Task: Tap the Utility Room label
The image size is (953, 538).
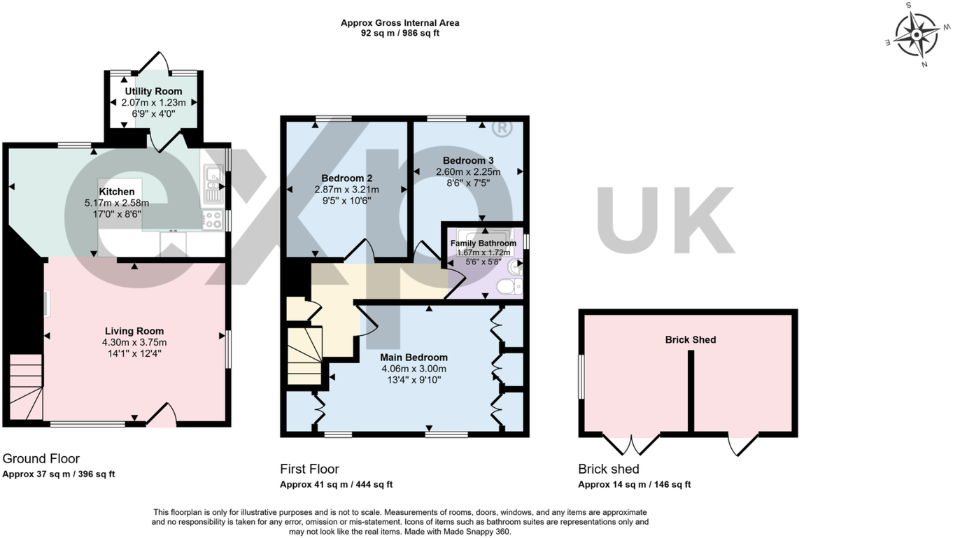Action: click(x=153, y=91)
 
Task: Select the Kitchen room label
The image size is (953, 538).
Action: click(x=116, y=192)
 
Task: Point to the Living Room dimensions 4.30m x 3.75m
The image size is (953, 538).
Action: click(x=134, y=343)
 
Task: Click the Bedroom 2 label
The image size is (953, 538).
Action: click(x=346, y=178)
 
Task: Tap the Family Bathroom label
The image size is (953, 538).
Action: click(x=483, y=243)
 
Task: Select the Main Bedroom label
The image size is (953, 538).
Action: click(x=414, y=358)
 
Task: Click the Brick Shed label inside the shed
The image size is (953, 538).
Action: click(x=690, y=340)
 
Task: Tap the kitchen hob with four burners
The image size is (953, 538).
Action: click(x=212, y=220)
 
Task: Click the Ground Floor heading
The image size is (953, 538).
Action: click(x=41, y=459)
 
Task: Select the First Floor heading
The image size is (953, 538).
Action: click(x=309, y=469)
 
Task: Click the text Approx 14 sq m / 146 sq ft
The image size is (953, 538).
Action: click(x=634, y=484)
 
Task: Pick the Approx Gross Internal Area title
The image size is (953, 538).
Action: click(x=400, y=23)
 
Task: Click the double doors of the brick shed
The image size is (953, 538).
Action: click(x=631, y=444)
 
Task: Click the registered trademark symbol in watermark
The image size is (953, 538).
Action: click(x=501, y=129)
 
